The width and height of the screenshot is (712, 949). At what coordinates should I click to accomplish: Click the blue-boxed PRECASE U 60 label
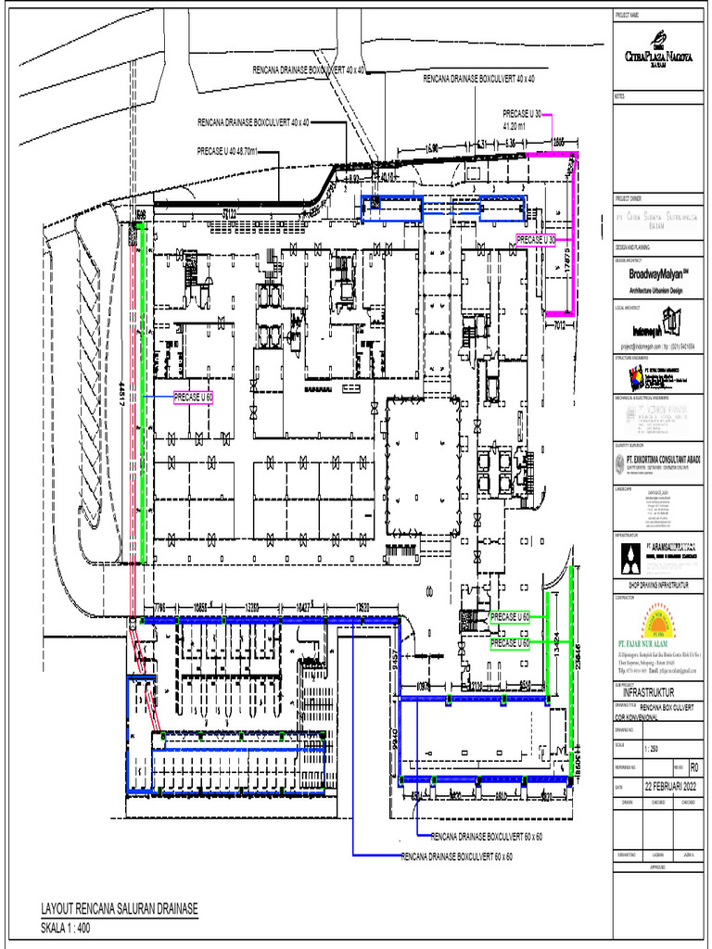click(195, 397)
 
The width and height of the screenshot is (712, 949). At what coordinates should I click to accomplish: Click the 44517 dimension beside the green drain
click(121, 396)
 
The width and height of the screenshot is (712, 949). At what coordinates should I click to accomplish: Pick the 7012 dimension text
click(560, 325)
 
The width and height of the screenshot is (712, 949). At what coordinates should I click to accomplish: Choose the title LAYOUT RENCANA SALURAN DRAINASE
click(120, 908)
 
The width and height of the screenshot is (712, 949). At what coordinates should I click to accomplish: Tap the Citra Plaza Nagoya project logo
click(658, 54)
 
